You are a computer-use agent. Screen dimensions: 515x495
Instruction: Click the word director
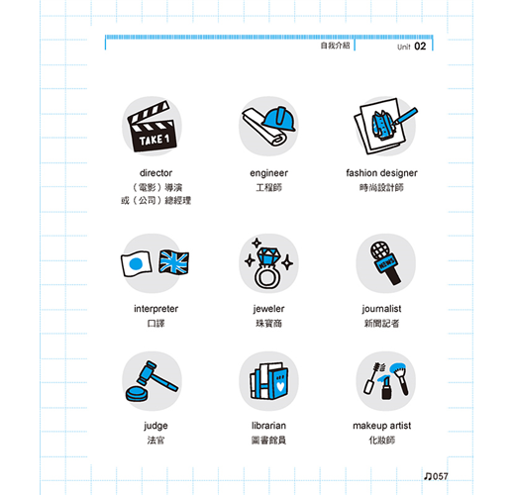(x=155, y=173)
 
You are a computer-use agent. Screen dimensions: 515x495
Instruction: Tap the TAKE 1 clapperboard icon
(x=153, y=127)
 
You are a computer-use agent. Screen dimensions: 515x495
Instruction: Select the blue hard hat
(x=279, y=119)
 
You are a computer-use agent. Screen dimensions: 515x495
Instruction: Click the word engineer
(x=268, y=173)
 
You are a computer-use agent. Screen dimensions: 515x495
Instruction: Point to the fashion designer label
(x=381, y=173)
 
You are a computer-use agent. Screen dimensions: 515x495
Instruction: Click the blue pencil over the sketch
(x=405, y=116)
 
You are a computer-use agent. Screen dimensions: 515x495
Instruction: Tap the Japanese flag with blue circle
(x=137, y=263)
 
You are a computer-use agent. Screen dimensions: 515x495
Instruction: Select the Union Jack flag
(x=173, y=262)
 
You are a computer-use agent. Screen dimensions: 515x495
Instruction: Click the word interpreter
(x=155, y=309)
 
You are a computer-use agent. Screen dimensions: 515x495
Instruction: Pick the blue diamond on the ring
(x=268, y=256)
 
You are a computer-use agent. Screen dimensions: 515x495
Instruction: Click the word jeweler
(x=268, y=309)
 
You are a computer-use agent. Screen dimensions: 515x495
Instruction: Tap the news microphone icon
(x=385, y=262)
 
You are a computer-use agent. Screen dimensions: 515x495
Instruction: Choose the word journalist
(x=381, y=309)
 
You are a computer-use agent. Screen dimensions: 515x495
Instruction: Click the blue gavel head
(x=147, y=373)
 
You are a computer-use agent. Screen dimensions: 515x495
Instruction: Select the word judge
(x=155, y=426)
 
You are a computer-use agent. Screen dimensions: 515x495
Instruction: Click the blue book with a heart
(x=279, y=383)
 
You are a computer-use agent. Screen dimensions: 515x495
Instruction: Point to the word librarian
(x=268, y=426)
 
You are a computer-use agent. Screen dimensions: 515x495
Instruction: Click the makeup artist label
(x=382, y=426)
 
